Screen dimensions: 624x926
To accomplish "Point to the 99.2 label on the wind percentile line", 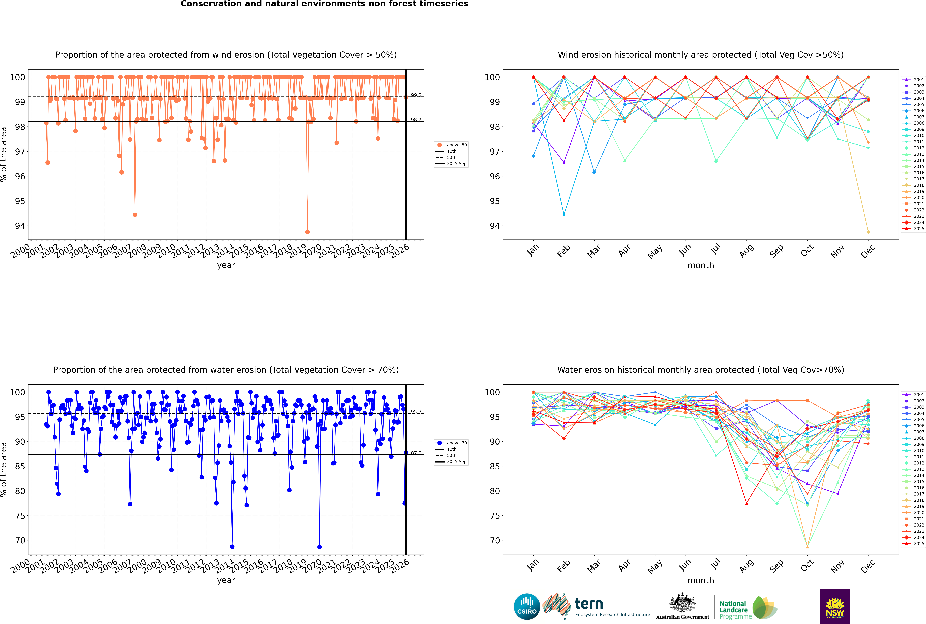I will (x=416, y=95).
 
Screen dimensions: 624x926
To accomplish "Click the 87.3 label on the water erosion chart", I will (x=416, y=453).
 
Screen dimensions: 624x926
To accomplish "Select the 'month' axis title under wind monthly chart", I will (x=701, y=265).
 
